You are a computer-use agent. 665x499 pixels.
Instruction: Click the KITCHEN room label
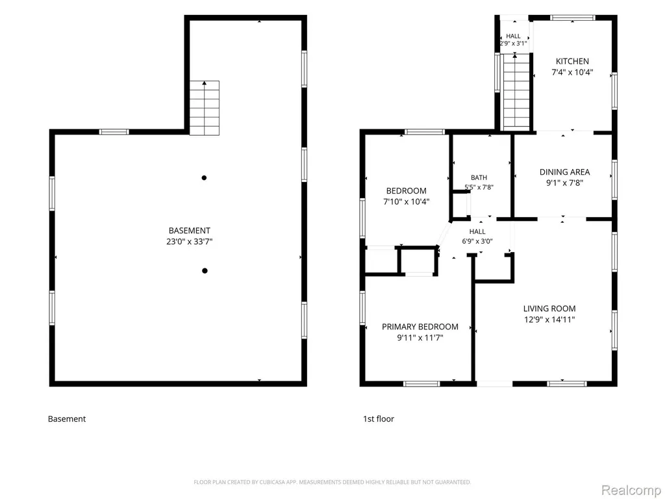(572, 61)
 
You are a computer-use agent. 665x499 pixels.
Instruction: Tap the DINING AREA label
(564, 172)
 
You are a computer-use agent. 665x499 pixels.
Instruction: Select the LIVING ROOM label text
(549, 309)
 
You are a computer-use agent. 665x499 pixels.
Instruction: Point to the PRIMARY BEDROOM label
(420, 327)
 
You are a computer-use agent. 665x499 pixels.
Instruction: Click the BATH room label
(479, 177)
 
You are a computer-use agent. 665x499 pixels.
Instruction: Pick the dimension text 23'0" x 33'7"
(189, 242)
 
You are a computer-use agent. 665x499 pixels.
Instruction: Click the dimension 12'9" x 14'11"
(549, 320)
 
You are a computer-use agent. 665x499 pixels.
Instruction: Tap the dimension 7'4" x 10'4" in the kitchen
(572, 72)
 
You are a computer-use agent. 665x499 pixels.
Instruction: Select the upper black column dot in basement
(204, 178)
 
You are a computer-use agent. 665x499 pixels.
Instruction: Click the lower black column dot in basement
(205, 271)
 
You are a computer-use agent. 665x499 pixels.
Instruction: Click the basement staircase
(205, 109)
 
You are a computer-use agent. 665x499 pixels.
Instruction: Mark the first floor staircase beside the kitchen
(516, 92)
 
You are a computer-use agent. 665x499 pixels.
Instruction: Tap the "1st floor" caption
(379, 419)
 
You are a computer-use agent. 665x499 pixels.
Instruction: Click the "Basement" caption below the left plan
(67, 419)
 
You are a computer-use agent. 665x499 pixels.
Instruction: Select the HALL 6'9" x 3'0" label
(477, 237)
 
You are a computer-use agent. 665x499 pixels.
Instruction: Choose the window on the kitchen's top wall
(573, 18)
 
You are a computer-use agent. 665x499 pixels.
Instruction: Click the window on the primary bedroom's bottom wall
(421, 384)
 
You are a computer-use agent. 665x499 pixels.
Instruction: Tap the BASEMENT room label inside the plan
(189, 231)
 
